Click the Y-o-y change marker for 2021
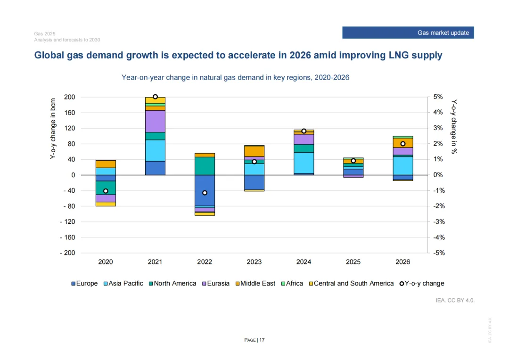pyautogui.click(x=155, y=97)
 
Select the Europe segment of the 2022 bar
pyautogui.click(x=205, y=190)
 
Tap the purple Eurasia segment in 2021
pyautogui.click(x=155, y=121)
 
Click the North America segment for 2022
pyautogui.click(x=205, y=166)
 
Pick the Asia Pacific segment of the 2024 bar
pyautogui.click(x=304, y=163)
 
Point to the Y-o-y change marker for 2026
pyautogui.click(x=402, y=144)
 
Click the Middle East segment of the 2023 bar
pyautogui.click(x=254, y=151)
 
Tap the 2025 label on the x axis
pyautogui.click(x=353, y=262)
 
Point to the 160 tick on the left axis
pyautogui.click(x=69, y=113)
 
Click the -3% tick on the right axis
pyautogui.click(x=438, y=221)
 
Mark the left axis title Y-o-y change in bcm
pyautogui.click(x=53, y=128)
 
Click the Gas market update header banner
pyautogui.click(x=408, y=33)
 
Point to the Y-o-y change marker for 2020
pyautogui.click(x=106, y=191)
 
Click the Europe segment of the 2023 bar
pyautogui.click(x=254, y=182)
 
